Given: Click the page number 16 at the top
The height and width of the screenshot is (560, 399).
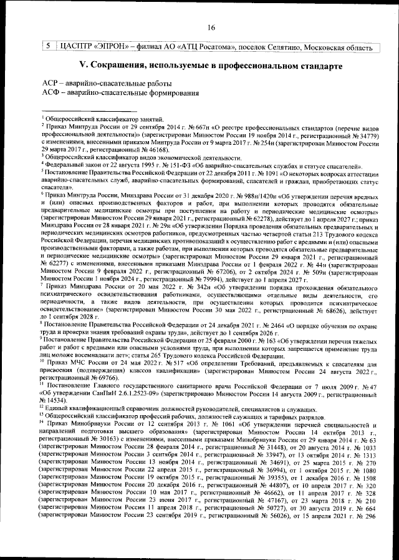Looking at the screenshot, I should [211, 26].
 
